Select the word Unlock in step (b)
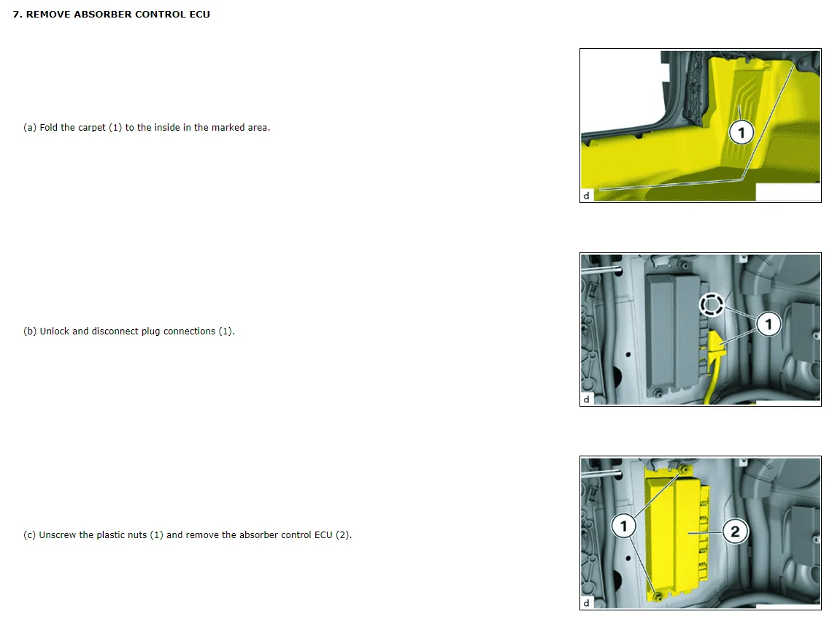pos(55,331)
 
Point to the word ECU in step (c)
pos(323,534)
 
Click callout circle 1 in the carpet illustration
pos(742,132)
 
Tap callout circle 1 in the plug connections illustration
pos(769,324)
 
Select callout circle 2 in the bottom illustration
pos(735,531)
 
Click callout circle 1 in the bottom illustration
pos(623,526)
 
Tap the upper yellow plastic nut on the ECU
pos(684,469)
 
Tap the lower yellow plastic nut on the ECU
pos(658,597)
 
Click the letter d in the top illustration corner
pos(586,196)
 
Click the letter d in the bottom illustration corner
pos(586,603)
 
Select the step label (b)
pos(30,331)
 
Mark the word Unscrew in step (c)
pos(58,534)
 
